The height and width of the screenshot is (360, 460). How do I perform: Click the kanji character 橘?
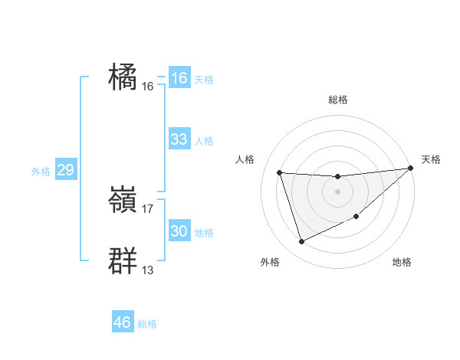[123, 78]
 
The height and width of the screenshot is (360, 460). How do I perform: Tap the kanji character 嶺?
[123, 200]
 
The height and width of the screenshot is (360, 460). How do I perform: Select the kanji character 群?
[123, 261]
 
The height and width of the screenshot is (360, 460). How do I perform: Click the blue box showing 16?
[179, 78]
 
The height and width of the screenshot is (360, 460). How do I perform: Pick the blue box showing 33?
[179, 139]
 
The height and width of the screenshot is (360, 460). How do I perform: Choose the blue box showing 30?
[179, 231]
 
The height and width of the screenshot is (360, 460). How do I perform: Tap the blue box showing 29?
[65, 170]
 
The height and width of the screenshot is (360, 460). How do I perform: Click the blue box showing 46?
[122, 322]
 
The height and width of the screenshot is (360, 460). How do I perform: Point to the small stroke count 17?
[148, 208]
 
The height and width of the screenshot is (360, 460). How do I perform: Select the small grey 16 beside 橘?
[148, 86]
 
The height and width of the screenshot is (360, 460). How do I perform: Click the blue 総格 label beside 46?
[147, 324]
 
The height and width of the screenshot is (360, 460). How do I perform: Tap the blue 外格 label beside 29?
[41, 172]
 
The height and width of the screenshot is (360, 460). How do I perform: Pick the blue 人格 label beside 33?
[204, 141]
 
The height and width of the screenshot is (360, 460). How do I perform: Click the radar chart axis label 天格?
[431, 159]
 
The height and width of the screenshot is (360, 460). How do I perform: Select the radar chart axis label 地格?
[402, 262]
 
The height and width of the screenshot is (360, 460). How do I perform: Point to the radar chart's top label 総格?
[337, 100]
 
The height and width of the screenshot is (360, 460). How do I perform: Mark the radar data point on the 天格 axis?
[409, 169]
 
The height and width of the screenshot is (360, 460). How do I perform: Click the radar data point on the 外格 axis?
[301, 242]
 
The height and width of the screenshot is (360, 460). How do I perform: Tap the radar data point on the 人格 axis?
[280, 172]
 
